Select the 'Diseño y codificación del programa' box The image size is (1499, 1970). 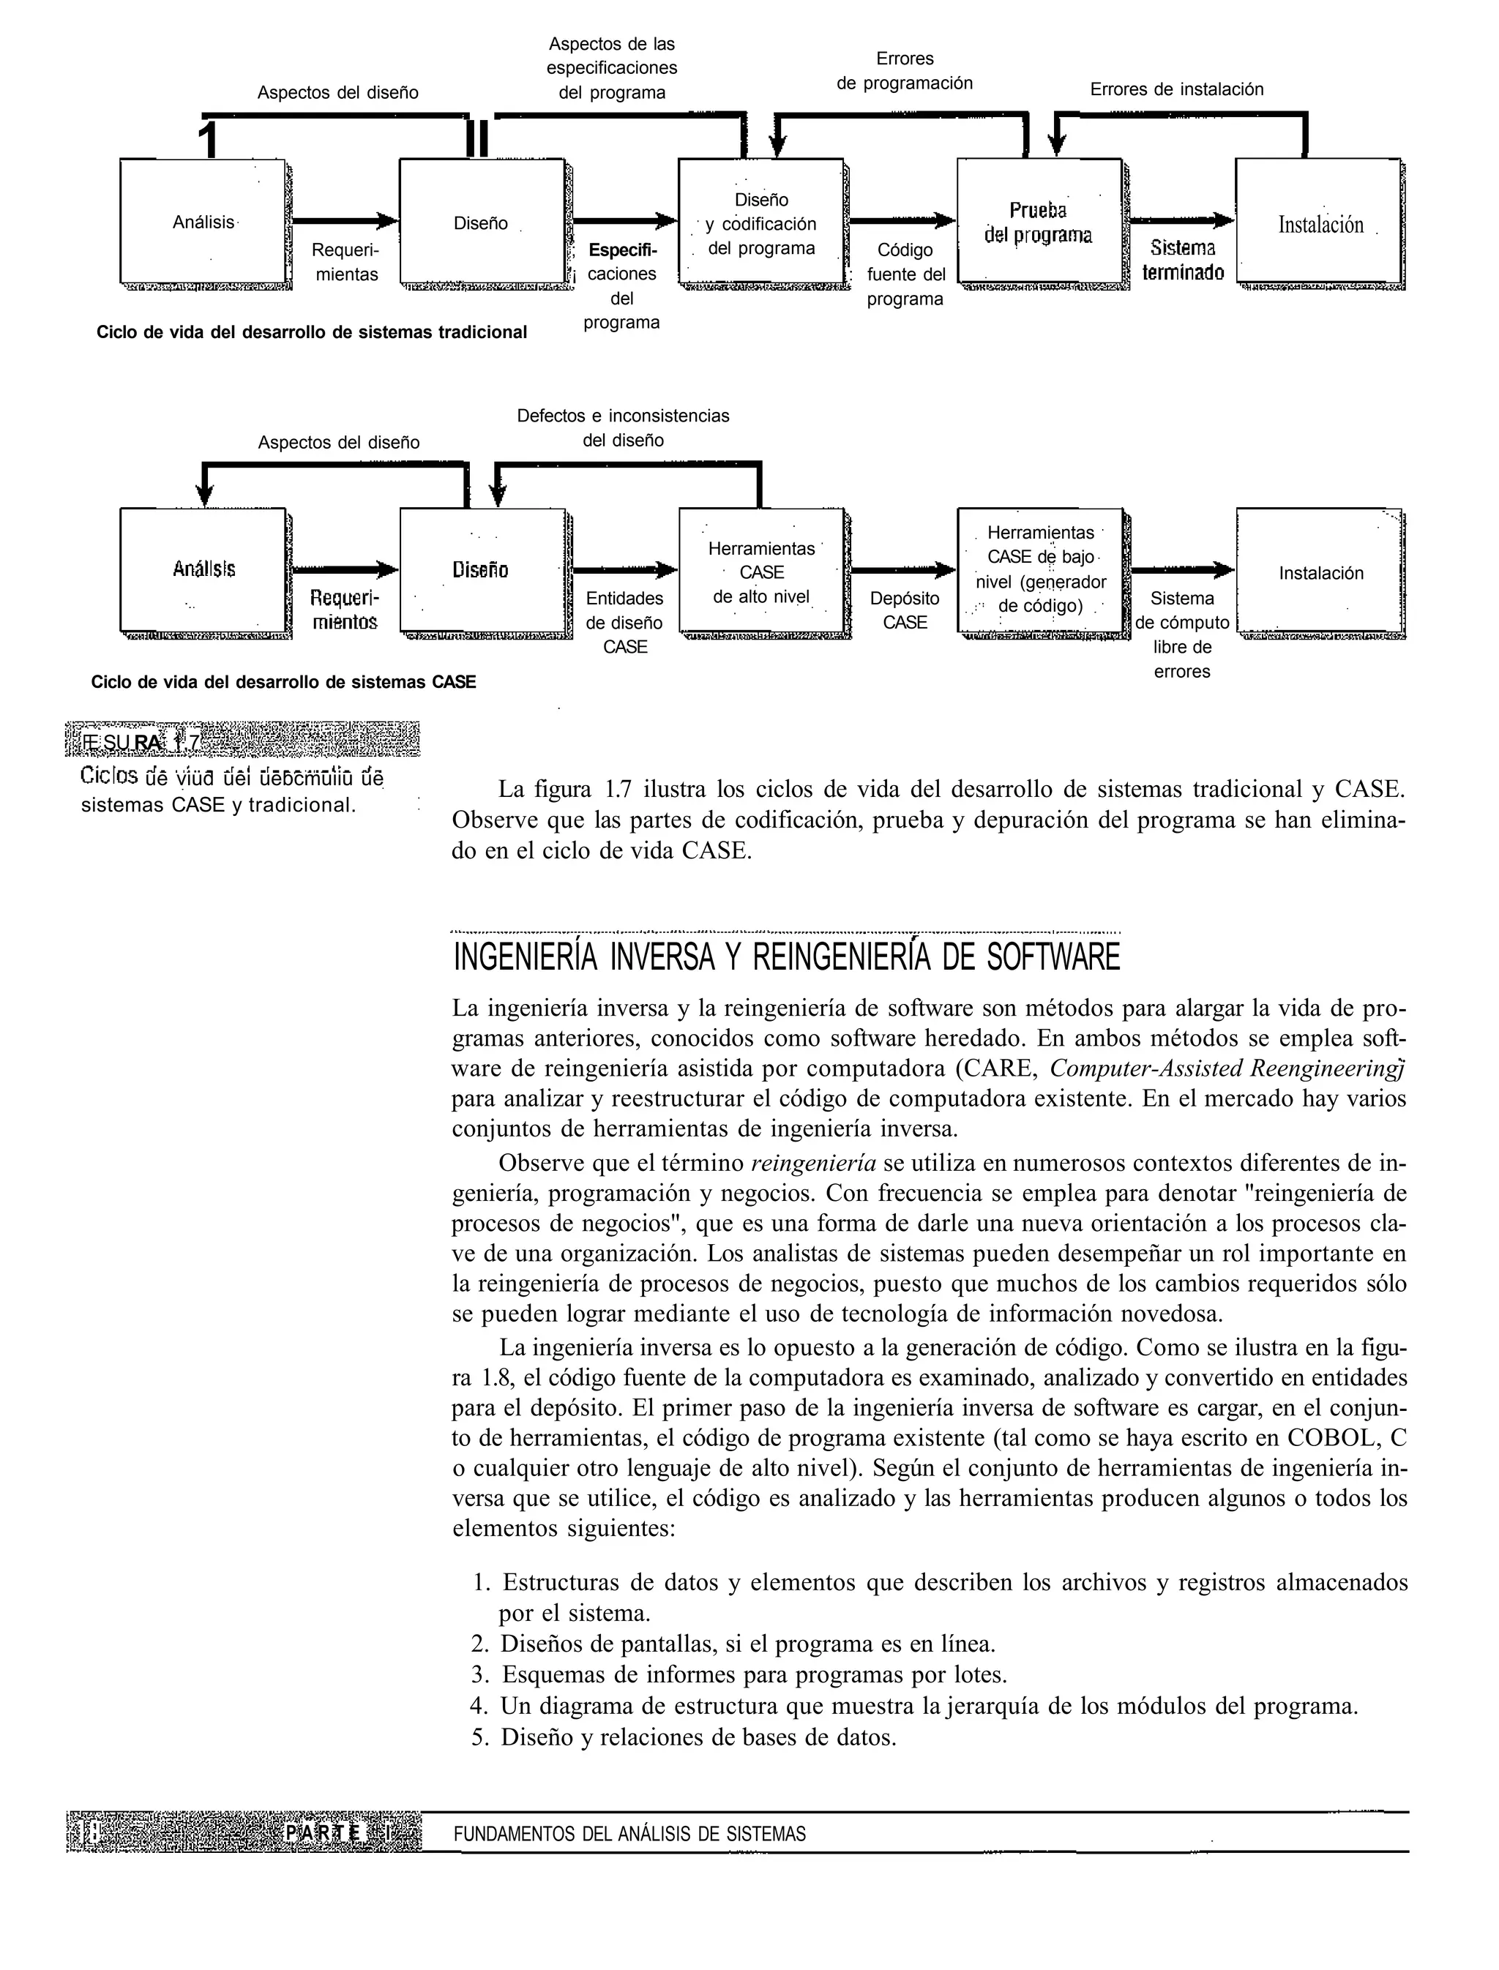click(761, 223)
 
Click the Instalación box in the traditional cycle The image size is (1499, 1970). click(1320, 223)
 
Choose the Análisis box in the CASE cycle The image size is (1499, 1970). click(203, 569)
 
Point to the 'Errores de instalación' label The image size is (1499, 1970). click(1176, 89)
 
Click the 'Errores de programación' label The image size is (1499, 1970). click(904, 72)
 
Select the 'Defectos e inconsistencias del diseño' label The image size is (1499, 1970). click(623, 428)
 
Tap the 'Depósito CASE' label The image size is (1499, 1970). click(904, 610)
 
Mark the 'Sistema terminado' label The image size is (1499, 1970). click(1182, 261)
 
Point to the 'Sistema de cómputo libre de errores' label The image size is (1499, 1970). click(1181, 634)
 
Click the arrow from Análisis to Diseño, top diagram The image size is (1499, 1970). click(343, 220)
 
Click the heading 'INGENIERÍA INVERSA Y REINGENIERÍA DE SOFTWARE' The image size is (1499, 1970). click(786, 957)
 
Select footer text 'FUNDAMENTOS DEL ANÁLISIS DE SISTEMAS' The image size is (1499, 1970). click(629, 1835)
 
